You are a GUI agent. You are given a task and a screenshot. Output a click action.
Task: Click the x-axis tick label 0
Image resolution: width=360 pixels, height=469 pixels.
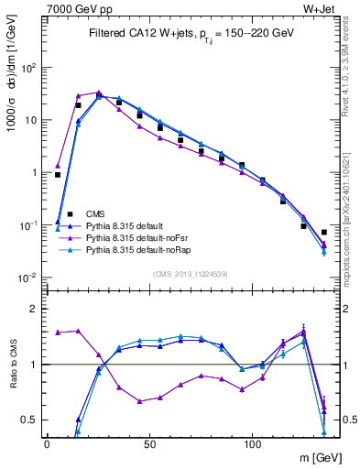(47, 442)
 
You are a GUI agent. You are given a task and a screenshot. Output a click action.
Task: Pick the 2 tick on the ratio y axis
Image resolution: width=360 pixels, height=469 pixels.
(33, 309)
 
